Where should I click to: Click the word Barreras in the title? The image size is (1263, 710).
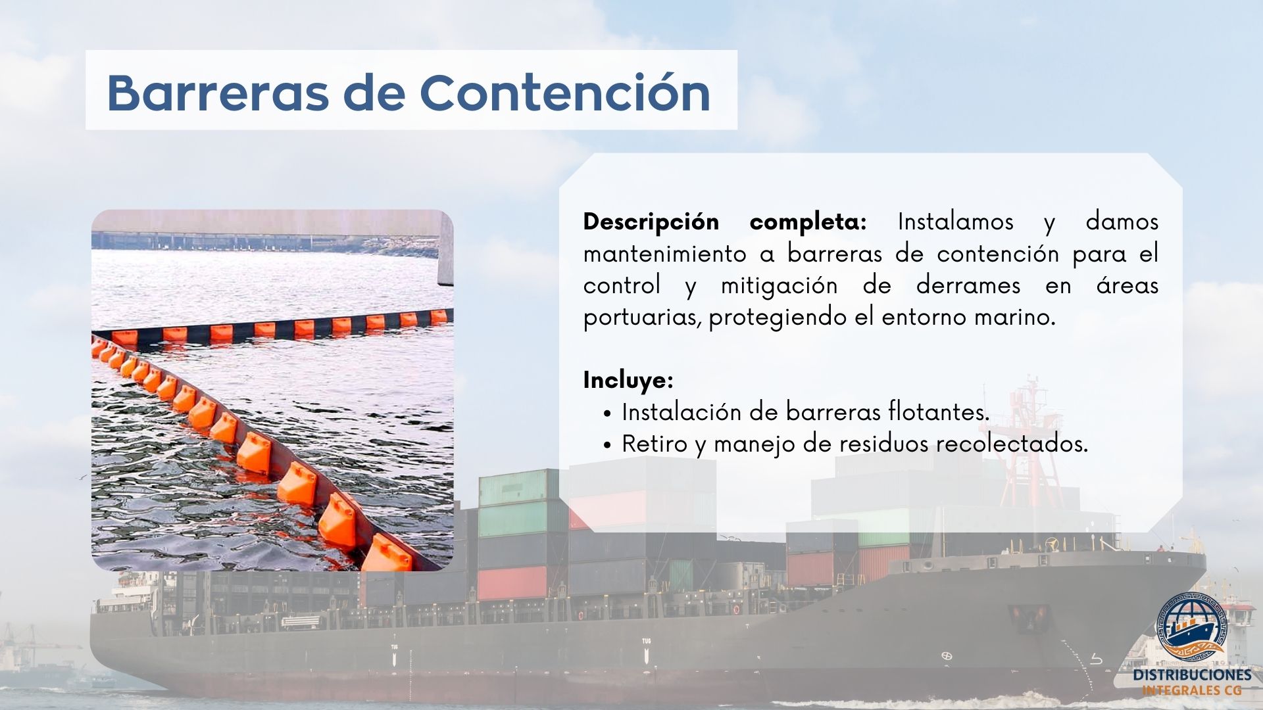[218, 92]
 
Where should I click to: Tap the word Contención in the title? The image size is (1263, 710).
[565, 92]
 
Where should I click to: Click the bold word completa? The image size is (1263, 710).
[808, 223]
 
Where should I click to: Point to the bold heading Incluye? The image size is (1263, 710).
[628, 380]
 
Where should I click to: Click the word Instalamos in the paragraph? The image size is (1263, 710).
[956, 222]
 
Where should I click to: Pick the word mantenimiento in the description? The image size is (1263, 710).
[665, 254]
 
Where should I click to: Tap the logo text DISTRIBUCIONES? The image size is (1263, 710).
[1192, 675]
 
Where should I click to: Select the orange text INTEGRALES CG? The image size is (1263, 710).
[1192, 690]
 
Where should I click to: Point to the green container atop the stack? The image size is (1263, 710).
[520, 486]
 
